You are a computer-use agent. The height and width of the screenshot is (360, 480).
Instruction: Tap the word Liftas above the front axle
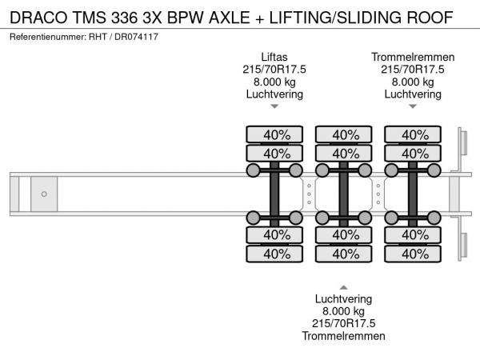click(x=274, y=57)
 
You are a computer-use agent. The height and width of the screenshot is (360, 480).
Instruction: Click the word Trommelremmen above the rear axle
click(x=413, y=57)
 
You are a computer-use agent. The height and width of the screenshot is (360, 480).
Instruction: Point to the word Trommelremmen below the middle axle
click(x=343, y=335)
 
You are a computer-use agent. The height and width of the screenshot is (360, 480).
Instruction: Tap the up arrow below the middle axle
click(x=343, y=286)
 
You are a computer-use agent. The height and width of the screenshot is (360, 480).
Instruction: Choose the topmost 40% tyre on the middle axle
click(x=345, y=134)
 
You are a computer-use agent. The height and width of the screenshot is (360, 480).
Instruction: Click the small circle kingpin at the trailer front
click(x=44, y=194)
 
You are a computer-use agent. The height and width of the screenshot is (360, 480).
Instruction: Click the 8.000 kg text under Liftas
click(x=274, y=82)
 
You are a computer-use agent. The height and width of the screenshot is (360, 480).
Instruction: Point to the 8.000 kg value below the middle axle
click(x=343, y=310)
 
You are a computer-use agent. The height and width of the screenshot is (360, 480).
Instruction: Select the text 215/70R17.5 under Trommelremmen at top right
click(x=413, y=70)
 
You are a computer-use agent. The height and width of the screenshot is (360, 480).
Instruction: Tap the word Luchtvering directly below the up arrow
click(x=343, y=298)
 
